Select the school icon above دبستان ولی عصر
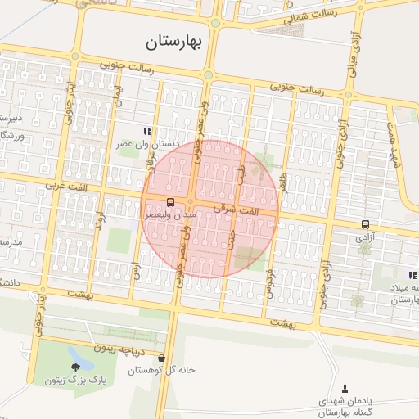point(147,130)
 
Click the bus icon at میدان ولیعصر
point(170,201)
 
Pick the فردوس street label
point(268,282)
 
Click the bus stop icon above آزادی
point(365,224)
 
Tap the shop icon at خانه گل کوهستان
point(162,358)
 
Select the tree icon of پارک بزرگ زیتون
point(75,367)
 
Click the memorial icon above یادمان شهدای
point(344,388)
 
